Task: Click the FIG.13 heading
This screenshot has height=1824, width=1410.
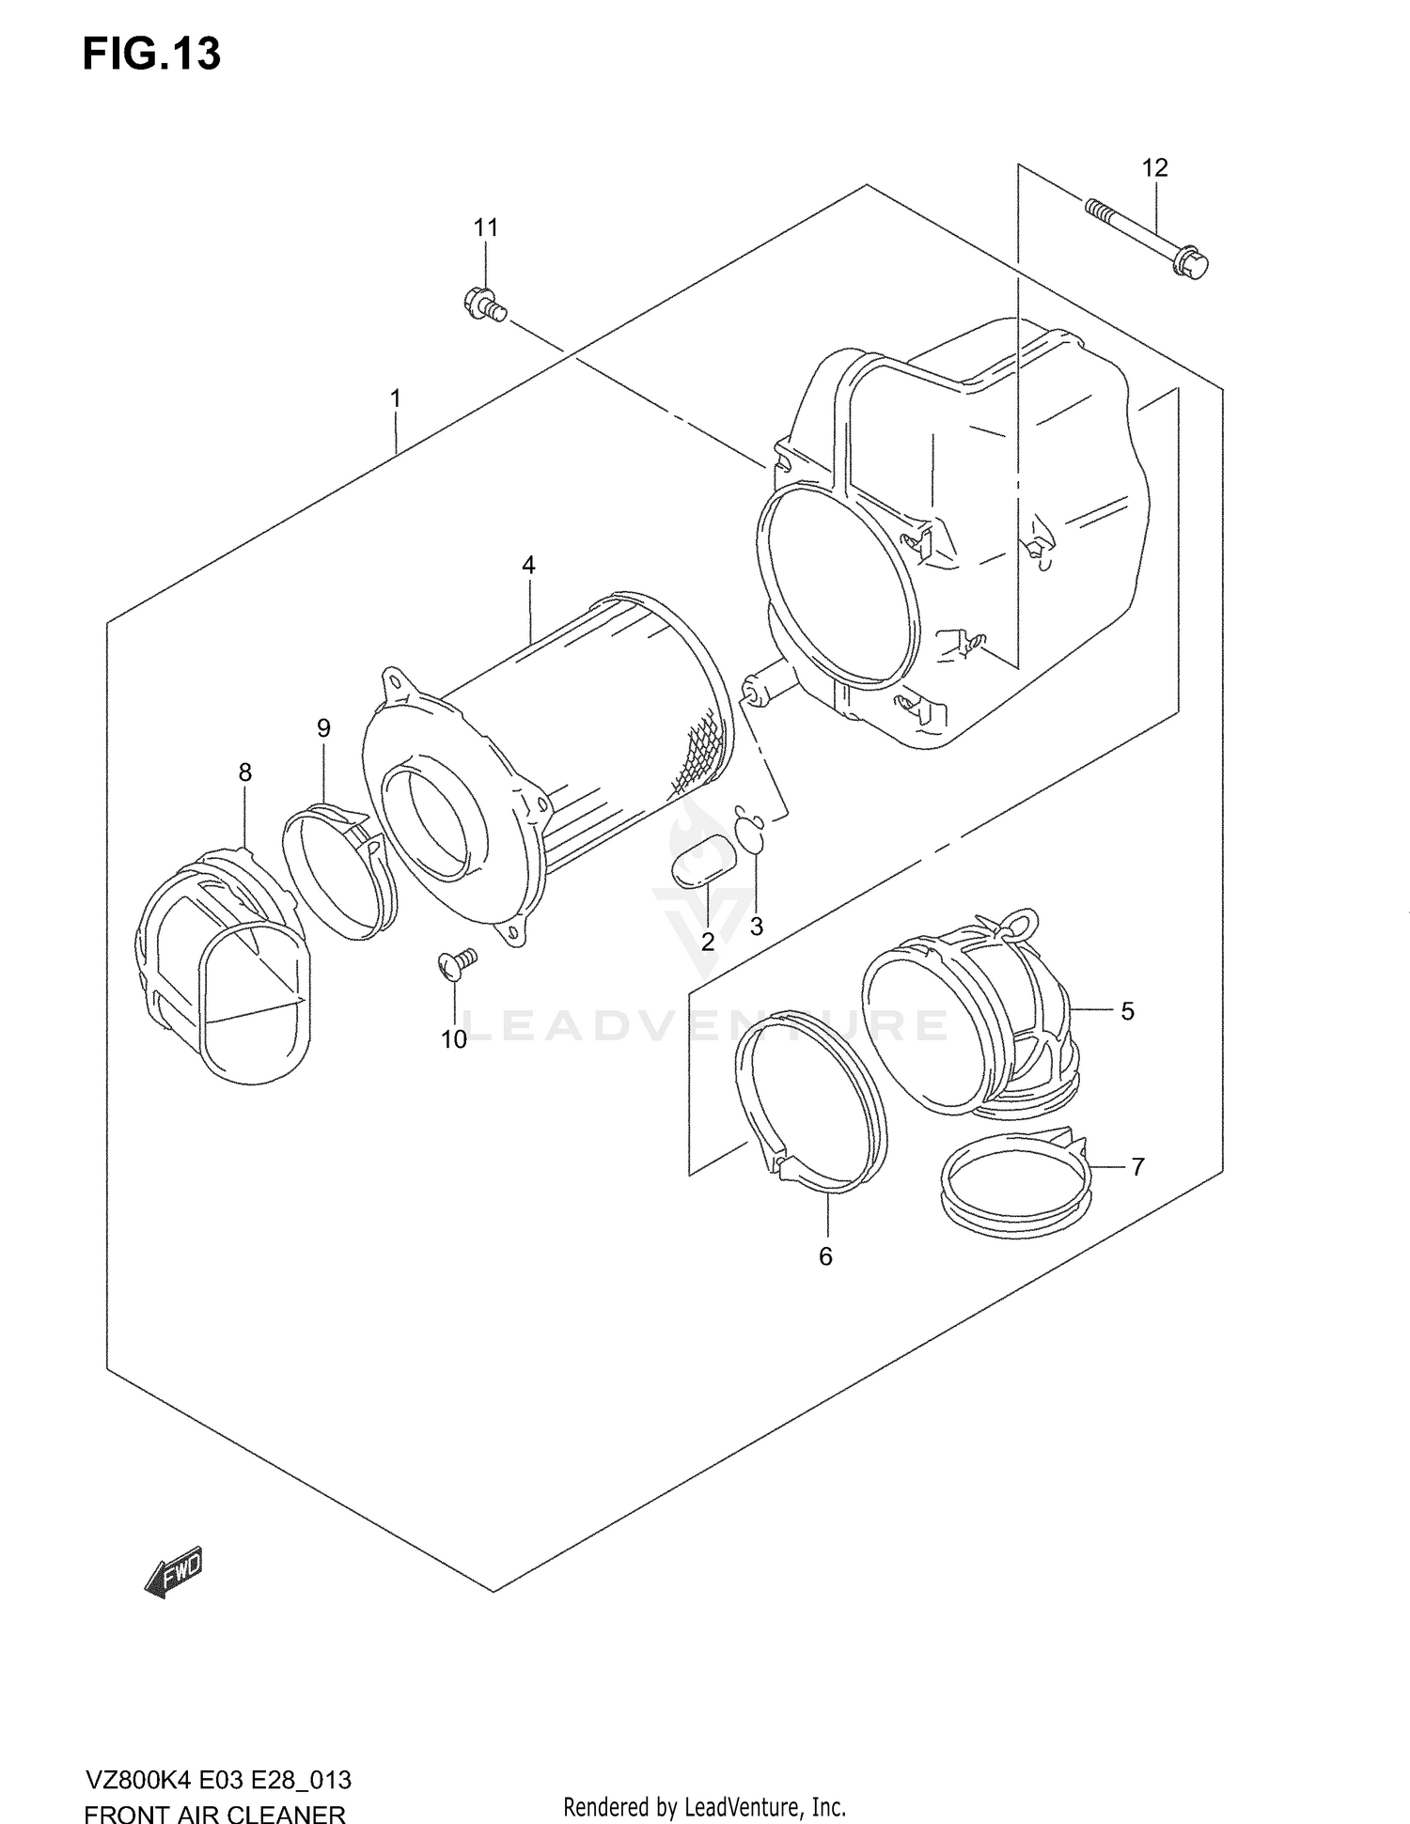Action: pos(151,55)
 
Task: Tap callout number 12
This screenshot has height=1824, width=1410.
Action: pos(1154,168)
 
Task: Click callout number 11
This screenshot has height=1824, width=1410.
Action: pos(485,227)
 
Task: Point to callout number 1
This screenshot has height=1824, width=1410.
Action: pos(396,398)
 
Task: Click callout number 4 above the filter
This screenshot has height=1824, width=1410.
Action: pos(528,565)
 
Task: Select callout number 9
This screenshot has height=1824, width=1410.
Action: pos(323,727)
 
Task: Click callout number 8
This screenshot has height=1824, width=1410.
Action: pos(244,772)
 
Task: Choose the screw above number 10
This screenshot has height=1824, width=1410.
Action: pos(457,964)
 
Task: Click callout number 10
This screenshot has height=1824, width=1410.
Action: pos(454,1039)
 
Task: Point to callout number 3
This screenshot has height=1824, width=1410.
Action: pos(756,927)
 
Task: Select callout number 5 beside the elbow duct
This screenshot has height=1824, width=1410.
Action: pos(1127,1011)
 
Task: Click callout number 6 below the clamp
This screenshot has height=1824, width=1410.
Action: pos(825,1255)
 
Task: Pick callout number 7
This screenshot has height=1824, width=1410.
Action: pos(1137,1166)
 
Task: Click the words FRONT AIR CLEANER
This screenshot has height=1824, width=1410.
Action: pos(214,1813)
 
